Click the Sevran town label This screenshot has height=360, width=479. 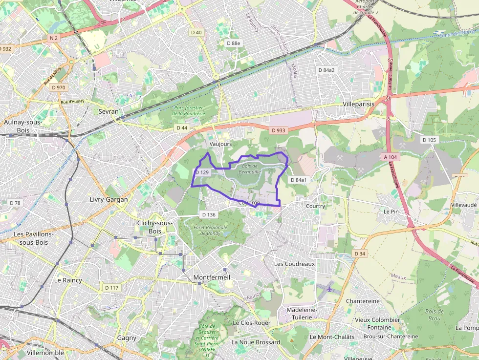[x=109, y=111]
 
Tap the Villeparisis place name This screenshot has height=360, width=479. [x=358, y=104]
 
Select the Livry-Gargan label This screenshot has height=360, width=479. [x=109, y=199]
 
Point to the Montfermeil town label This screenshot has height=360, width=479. [x=212, y=277]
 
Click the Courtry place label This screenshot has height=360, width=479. [x=315, y=206]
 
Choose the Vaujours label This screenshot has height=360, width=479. [x=220, y=144]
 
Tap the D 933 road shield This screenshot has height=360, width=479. [x=278, y=130]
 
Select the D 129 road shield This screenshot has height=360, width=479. [x=202, y=172]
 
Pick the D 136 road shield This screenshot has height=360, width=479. [x=208, y=214]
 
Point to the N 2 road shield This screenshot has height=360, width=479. [x=53, y=38]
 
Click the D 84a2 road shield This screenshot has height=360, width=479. [x=327, y=70]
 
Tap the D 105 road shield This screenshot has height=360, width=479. [x=429, y=140]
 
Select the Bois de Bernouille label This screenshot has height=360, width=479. [x=249, y=169]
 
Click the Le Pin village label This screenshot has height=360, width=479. [x=391, y=212]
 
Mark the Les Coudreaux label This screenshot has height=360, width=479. [x=294, y=263]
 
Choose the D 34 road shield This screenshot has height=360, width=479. [x=360, y=254]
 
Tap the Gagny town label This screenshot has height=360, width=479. [x=127, y=338]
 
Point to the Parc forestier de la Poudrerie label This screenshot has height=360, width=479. [x=188, y=110]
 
